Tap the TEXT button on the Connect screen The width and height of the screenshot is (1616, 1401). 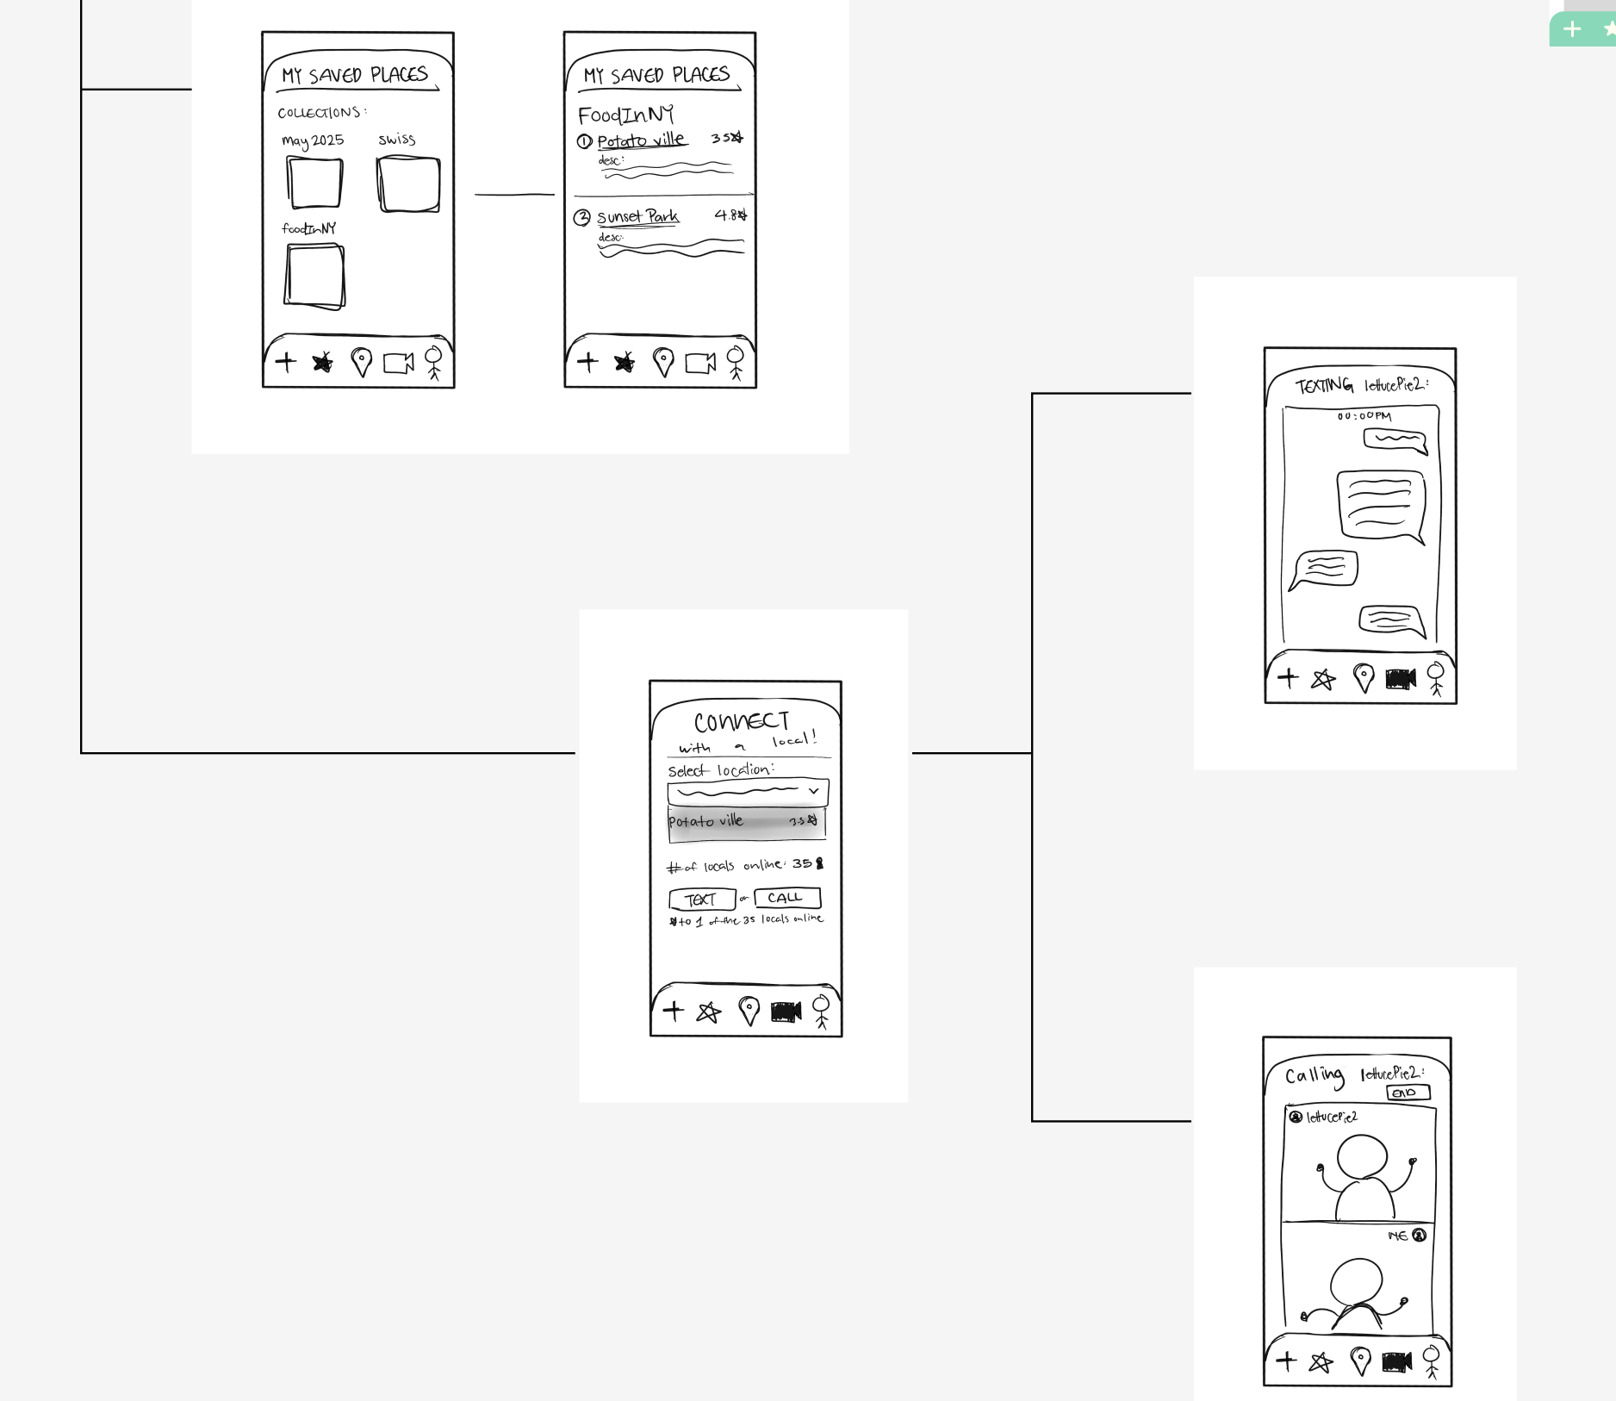pyautogui.click(x=702, y=900)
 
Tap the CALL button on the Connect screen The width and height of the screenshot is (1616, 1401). pyautogui.click(x=786, y=898)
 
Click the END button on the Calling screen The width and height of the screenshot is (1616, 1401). pyautogui.click(x=1408, y=1093)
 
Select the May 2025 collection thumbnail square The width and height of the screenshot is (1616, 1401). pyautogui.click(x=314, y=183)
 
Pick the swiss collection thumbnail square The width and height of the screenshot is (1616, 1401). pyautogui.click(x=408, y=184)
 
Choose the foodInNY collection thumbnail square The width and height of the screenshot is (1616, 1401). pyautogui.click(x=314, y=276)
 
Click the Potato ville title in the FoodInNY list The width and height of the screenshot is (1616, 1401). pyautogui.click(x=641, y=140)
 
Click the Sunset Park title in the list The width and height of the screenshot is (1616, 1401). pyautogui.click(x=637, y=216)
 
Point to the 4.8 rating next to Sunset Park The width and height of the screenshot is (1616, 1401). pyautogui.click(x=730, y=215)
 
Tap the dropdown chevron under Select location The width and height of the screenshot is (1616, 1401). pyautogui.click(x=813, y=791)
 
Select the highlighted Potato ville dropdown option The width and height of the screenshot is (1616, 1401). pyautogui.click(x=746, y=822)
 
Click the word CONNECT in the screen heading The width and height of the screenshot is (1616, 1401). pyautogui.click(x=742, y=721)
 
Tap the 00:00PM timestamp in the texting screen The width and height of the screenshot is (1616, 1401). pyautogui.click(x=1364, y=416)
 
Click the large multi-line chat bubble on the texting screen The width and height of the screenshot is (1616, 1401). pyautogui.click(x=1380, y=504)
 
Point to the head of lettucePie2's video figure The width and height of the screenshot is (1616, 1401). pyautogui.click(x=1362, y=1156)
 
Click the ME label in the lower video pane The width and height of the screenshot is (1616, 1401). pyautogui.click(x=1397, y=1236)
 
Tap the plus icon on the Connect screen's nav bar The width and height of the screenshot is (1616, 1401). pyautogui.click(x=674, y=1010)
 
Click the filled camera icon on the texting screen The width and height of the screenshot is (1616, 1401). pyautogui.click(x=1400, y=679)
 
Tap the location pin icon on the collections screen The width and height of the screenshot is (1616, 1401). pyautogui.click(x=362, y=362)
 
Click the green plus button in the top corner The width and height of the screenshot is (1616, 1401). pyautogui.click(x=1572, y=29)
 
